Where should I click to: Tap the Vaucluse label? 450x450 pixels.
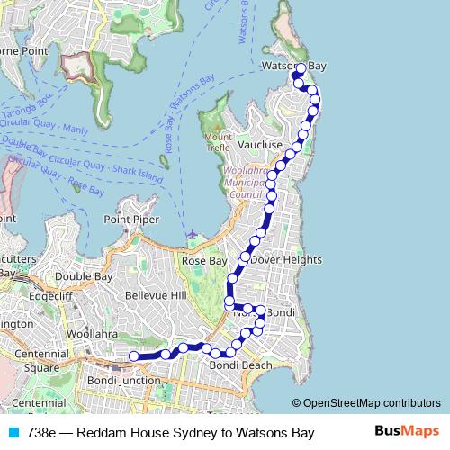pyautogui.click(x=261, y=144)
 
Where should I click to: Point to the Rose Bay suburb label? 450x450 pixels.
pyautogui.click(x=204, y=260)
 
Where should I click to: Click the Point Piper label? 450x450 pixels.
pyautogui.click(x=131, y=220)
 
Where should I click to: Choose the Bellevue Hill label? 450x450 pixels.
pyautogui.click(x=155, y=295)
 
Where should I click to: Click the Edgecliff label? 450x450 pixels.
pyautogui.click(x=50, y=294)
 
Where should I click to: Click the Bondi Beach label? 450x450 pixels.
pyautogui.click(x=240, y=365)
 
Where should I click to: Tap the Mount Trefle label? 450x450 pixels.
pyautogui.click(x=218, y=142)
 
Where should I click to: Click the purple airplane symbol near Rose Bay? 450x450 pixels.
pyautogui.click(x=192, y=235)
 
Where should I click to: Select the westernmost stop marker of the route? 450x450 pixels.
pyautogui.click(x=134, y=356)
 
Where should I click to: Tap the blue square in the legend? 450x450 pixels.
pyautogui.click(x=13, y=433)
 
